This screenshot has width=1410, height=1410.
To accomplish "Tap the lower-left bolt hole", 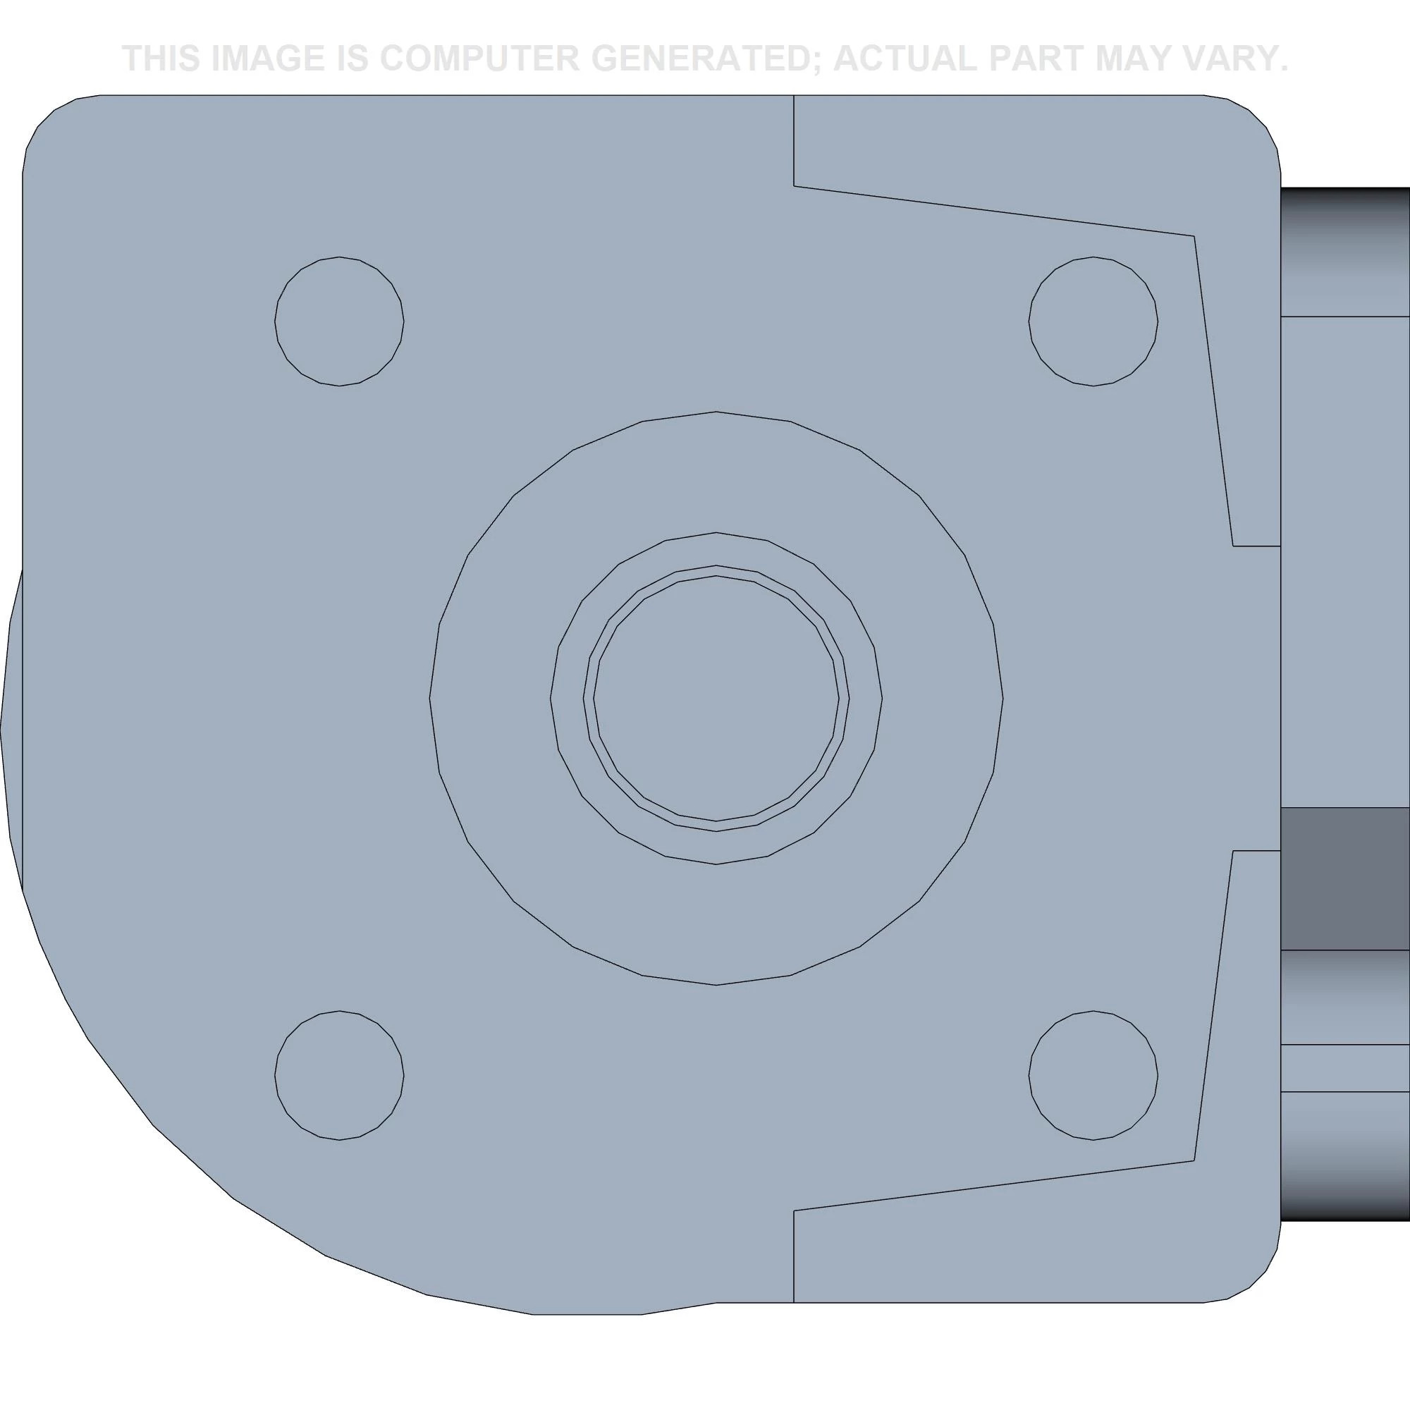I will tap(339, 1075).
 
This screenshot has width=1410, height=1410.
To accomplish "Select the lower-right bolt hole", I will tap(1093, 1075).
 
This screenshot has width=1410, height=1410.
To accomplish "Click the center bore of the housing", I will tap(716, 699).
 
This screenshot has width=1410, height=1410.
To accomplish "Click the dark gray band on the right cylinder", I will tap(1344, 878).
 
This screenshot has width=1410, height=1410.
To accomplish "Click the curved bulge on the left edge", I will tap(11, 730).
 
